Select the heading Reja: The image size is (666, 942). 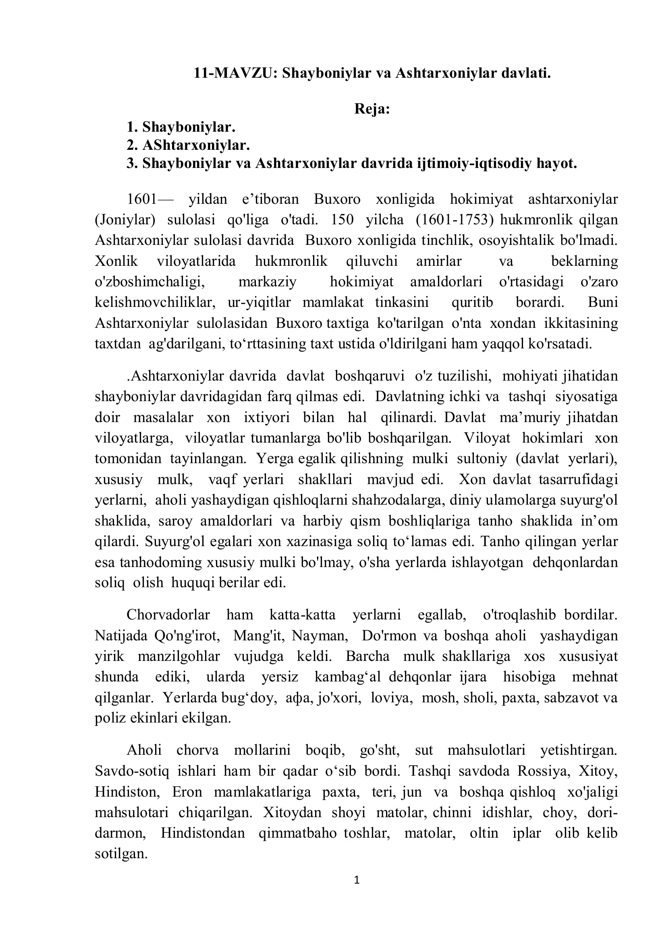(x=372, y=109)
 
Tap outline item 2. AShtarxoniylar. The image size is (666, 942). (x=188, y=145)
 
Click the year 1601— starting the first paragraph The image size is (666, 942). (x=150, y=199)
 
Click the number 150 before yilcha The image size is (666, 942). (x=342, y=220)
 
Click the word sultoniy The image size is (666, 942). (x=482, y=458)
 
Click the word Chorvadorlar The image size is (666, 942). (x=168, y=615)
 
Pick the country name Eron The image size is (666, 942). (x=187, y=792)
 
